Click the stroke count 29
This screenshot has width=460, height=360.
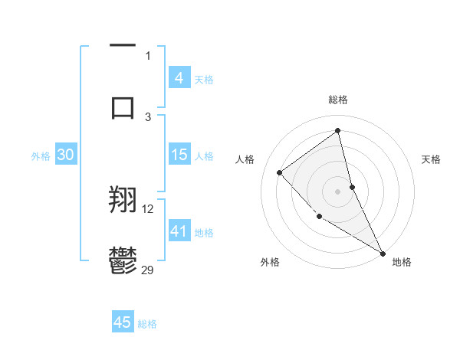pos(148,269)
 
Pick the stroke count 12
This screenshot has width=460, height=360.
pos(148,208)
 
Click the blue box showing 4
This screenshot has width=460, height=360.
pos(179,78)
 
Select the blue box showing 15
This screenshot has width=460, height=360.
pos(179,155)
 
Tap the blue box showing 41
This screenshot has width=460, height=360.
pos(179,231)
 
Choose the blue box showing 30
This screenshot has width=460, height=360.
pos(65,155)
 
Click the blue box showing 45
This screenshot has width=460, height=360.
pos(122,322)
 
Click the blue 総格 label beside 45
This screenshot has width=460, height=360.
pos(147,324)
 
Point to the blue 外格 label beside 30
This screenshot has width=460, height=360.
pos(41,156)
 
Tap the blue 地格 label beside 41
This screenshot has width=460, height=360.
pos(204,232)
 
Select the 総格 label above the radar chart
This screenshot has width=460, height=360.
pos(338,100)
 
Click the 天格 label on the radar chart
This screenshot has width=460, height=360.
pos(432,159)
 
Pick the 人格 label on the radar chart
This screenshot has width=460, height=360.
pos(245,159)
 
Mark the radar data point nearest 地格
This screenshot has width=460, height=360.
pos(383,254)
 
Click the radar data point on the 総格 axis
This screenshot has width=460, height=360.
pos(338,130)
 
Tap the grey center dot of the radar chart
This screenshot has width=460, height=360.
pos(338,191)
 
